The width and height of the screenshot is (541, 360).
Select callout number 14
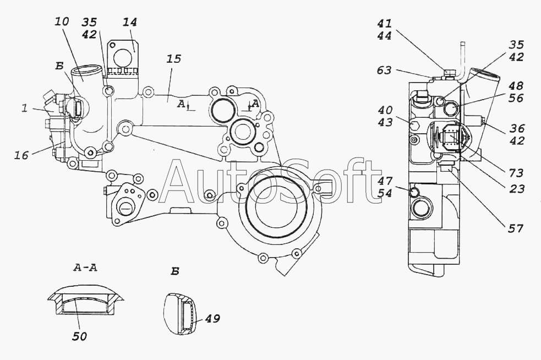[130, 23]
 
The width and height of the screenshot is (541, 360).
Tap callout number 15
[173, 59]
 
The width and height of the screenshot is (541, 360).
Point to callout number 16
[22, 156]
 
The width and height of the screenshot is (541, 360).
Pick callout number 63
[384, 70]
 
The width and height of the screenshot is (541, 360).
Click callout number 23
[516, 189]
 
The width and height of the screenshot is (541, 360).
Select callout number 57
[516, 227]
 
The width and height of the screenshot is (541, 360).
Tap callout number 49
[212, 319]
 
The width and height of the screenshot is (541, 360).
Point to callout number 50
[80, 336]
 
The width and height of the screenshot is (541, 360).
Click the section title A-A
[86, 268]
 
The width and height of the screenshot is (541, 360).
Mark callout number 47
[385, 180]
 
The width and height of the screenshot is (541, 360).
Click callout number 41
[385, 24]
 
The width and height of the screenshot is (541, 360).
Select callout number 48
[516, 86]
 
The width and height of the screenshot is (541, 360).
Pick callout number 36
[516, 128]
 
